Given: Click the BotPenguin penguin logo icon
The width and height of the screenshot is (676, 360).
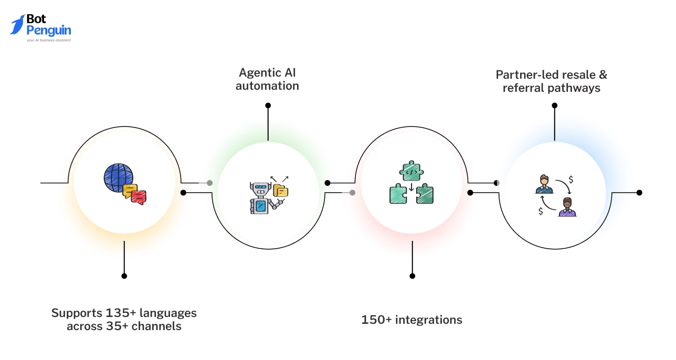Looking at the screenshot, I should [x=17, y=25].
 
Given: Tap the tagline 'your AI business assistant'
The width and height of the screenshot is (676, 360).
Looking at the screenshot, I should [x=49, y=40].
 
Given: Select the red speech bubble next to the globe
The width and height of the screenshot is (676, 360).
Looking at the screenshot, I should [x=139, y=197].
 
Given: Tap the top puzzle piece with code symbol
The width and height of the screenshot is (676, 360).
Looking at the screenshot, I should [x=412, y=171].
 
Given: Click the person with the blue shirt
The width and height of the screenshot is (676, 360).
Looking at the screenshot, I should [x=544, y=184].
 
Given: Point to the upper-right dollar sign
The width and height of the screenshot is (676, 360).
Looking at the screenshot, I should [x=571, y=179].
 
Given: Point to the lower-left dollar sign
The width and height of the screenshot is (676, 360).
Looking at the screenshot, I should [x=541, y=211].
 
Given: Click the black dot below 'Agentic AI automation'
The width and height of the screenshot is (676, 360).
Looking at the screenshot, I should [x=268, y=105].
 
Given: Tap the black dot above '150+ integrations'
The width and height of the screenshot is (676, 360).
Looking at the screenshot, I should [x=412, y=276].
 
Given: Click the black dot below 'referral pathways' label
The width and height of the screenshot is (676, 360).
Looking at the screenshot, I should [x=554, y=105].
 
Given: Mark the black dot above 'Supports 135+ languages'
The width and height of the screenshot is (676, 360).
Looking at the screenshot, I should [x=124, y=276].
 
